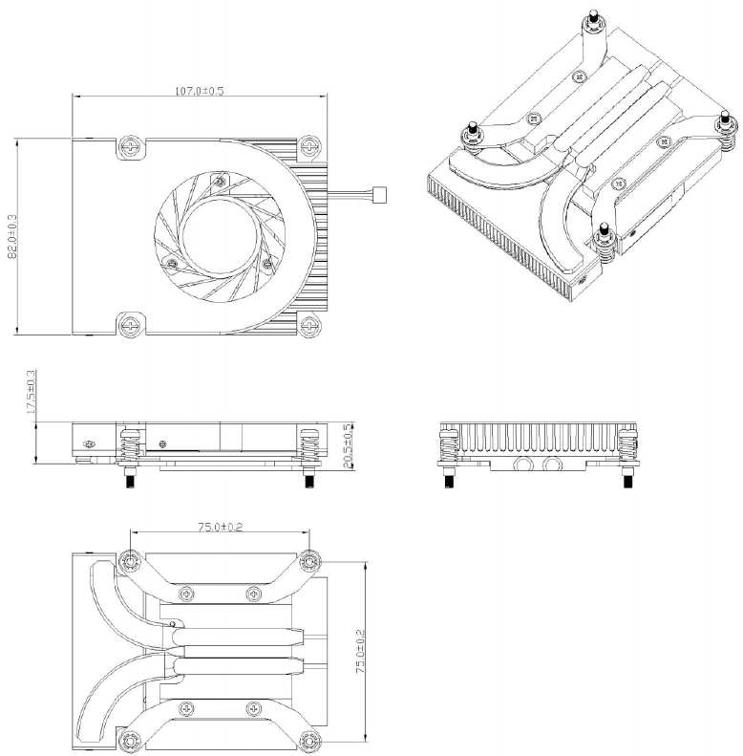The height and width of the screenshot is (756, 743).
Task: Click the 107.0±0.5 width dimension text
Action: tap(199, 91)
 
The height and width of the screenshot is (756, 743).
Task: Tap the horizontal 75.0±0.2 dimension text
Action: tap(219, 527)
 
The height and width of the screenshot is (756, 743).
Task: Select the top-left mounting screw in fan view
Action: tap(131, 146)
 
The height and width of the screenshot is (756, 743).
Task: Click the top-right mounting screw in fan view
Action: tap(308, 146)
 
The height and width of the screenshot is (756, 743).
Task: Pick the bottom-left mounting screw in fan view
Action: tap(131, 325)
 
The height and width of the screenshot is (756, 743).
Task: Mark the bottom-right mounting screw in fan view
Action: tap(308, 325)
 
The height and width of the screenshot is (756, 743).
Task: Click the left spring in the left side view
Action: tap(132, 444)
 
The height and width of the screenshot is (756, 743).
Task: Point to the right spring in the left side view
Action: tap(308, 444)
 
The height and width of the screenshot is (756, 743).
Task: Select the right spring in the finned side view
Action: tap(626, 444)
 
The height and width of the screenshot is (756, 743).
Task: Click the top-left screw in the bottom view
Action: tap(131, 559)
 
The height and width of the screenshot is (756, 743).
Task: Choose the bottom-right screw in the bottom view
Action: tap(308, 739)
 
